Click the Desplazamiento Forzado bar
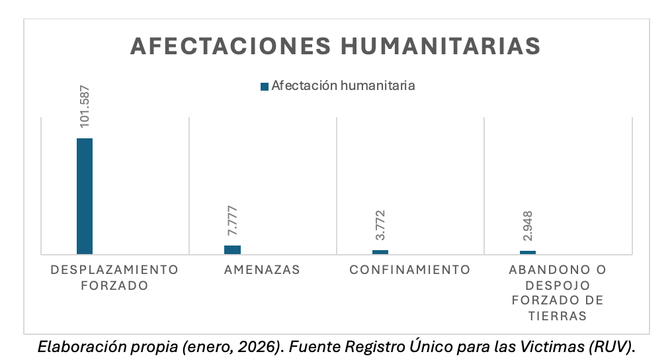tap(85, 196)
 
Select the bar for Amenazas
tap(232, 249)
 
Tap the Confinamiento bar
tap(380, 251)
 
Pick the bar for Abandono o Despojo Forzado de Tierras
tap(528, 252)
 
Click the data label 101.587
tap(85, 106)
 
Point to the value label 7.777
tap(233, 222)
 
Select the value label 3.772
tap(380, 226)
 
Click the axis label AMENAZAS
tap(262, 270)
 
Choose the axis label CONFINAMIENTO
tap(410, 270)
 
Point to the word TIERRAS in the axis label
tap(558, 316)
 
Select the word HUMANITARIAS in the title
tap(440, 46)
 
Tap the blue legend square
tap(265, 86)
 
